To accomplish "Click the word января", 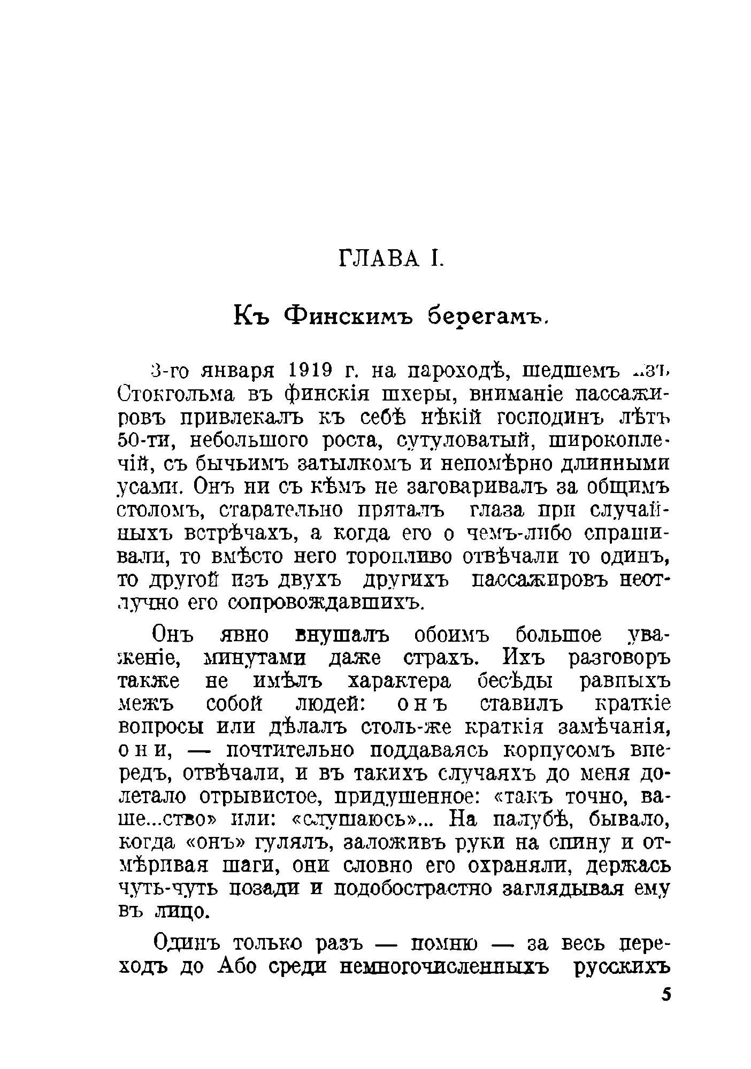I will tap(236, 370).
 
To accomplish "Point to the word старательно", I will tap(274, 510).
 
